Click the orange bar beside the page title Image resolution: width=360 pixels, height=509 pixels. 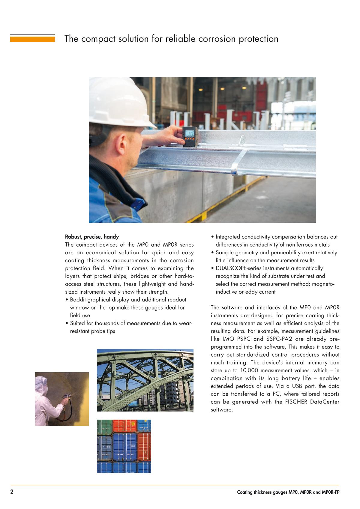click(x=32, y=38)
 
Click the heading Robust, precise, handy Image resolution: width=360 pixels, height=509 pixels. click(x=92, y=237)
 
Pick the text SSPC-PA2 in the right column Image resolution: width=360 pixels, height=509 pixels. click(x=277, y=339)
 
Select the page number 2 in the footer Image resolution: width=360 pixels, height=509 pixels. click(x=12, y=492)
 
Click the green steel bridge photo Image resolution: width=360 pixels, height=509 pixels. click(x=145, y=380)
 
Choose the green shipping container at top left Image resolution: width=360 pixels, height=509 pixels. click(x=104, y=426)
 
